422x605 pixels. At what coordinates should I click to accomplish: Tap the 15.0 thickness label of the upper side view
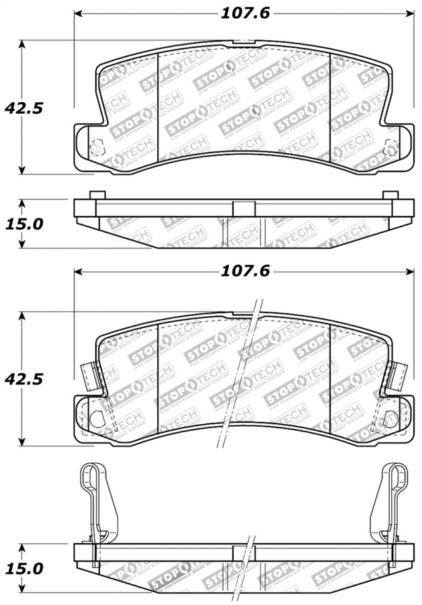click(x=24, y=223)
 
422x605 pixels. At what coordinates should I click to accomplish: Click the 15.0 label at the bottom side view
click(x=24, y=569)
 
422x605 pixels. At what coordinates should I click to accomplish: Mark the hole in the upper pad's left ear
click(x=96, y=146)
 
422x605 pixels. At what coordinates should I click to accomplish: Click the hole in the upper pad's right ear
click(x=388, y=147)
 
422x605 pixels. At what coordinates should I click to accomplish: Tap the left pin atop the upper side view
click(x=97, y=195)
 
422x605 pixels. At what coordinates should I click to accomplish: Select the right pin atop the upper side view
click(x=390, y=195)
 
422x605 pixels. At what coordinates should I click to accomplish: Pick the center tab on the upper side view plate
click(x=243, y=208)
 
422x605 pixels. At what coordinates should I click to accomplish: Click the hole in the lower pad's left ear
click(x=96, y=418)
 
